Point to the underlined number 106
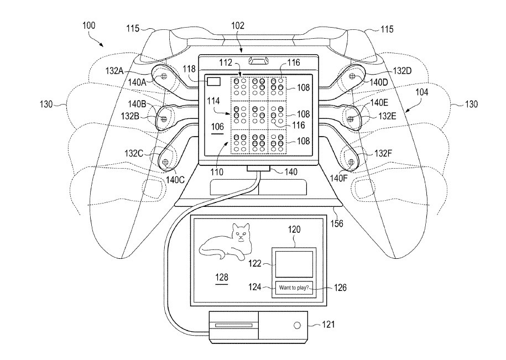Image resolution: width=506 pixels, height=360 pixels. point(218,126)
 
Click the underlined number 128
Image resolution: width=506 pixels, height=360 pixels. point(222,276)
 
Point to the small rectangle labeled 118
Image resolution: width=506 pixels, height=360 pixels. point(213,82)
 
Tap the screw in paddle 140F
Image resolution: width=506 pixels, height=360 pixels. point(351,161)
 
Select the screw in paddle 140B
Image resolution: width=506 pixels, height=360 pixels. point(164,117)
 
